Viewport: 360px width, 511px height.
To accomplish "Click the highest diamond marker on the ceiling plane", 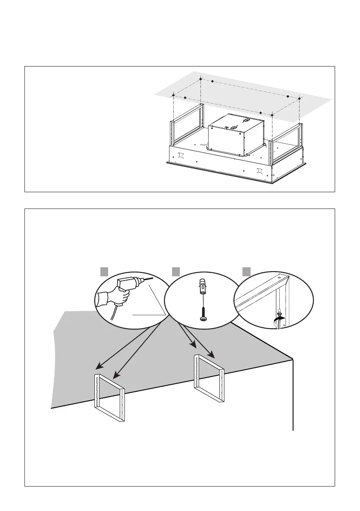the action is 201,79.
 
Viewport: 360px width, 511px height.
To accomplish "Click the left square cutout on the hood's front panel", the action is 181,155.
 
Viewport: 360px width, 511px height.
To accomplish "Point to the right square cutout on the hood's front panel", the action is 259,171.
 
